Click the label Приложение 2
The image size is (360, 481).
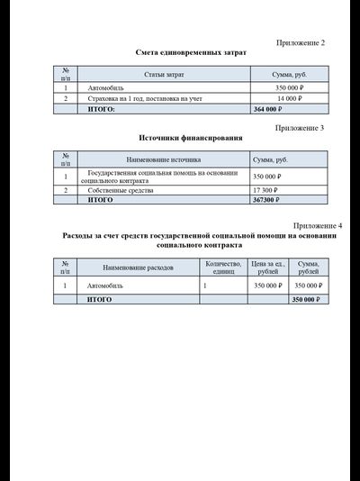pyautogui.click(x=300, y=43)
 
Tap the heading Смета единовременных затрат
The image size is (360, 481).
pyautogui.click(x=191, y=53)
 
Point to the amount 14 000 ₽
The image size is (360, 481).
pyautogui.click(x=292, y=98)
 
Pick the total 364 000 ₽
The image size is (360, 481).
pyautogui.click(x=271, y=109)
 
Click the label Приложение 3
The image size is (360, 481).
pyautogui.click(x=300, y=128)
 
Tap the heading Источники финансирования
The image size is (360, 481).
pyautogui.click(x=191, y=139)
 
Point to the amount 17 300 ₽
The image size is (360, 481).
pyautogui.click(x=266, y=191)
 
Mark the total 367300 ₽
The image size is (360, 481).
pyautogui.click(x=269, y=200)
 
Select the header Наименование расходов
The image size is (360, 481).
pyautogui.click(x=138, y=268)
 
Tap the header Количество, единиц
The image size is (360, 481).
pyautogui.click(x=223, y=268)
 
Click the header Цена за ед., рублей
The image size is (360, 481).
pyautogui.click(x=267, y=268)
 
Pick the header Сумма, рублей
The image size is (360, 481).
pyautogui.click(x=309, y=268)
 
